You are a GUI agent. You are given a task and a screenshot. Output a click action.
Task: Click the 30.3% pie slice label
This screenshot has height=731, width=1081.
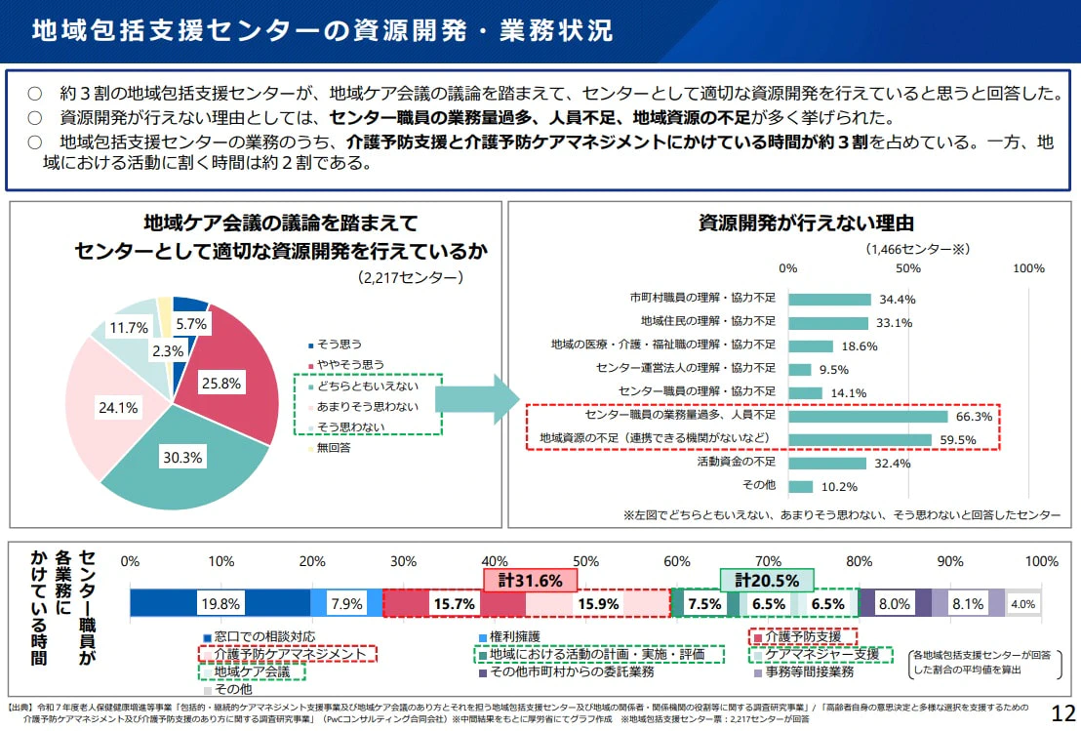point(181,456)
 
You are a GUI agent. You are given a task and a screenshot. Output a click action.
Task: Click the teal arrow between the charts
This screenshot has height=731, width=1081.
point(476,398)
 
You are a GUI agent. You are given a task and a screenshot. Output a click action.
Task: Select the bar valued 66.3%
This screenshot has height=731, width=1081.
point(867,417)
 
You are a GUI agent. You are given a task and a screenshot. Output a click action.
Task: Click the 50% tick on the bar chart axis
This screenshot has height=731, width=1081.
point(909,267)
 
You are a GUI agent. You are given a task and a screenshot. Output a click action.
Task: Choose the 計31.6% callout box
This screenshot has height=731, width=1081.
point(531,581)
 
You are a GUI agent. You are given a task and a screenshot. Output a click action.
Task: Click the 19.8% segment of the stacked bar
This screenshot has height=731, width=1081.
point(220,603)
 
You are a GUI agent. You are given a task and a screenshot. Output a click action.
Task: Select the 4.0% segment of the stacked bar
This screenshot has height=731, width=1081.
point(1022,603)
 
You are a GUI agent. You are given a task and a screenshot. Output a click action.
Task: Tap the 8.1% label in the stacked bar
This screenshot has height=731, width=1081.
point(968,603)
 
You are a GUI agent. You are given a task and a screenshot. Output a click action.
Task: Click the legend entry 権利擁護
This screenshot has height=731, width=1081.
point(514,636)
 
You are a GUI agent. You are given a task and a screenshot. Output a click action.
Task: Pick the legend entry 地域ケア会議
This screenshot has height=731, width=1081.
point(252,671)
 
